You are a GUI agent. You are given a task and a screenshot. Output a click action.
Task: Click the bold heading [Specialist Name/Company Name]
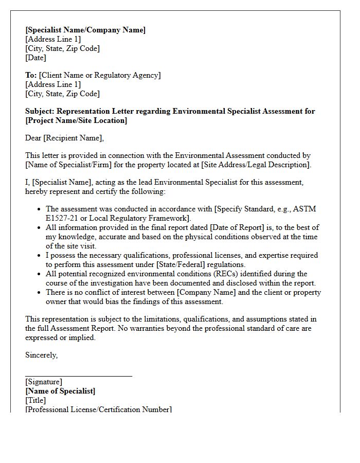[x=85, y=30]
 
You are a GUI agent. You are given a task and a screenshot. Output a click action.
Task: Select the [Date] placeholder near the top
[x=35, y=58]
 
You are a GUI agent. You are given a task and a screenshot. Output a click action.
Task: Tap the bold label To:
[x=31, y=75]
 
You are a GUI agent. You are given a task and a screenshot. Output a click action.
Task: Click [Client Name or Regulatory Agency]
[x=100, y=75]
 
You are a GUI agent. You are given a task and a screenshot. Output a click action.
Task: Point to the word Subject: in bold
[x=40, y=111]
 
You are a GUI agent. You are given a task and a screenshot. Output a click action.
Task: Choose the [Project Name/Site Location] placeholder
[x=76, y=120]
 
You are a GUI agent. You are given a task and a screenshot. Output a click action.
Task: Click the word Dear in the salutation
[x=33, y=138]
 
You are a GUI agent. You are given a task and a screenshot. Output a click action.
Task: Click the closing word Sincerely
[x=41, y=355]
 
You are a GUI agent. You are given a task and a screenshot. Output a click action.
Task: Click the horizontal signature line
[x=78, y=376]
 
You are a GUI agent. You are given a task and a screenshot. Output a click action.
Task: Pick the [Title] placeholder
[x=35, y=400]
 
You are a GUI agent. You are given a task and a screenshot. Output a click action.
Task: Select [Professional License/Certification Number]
[x=98, y=409]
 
